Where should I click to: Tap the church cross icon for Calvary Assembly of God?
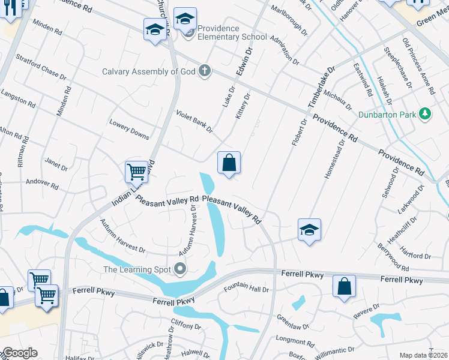[x=205, y=71]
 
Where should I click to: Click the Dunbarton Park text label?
[x=388, y=114]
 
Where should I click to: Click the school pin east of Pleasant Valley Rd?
[x=309, y=230]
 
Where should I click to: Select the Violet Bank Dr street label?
[x=194, y=122]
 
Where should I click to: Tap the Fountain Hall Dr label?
[x=246, y=289]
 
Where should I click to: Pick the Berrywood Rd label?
[x=393, y=257]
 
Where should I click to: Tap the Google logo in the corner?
[x=19, y=353]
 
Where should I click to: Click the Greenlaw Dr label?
[x=292, y=322]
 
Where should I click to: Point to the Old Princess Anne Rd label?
[x=418, y=66]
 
